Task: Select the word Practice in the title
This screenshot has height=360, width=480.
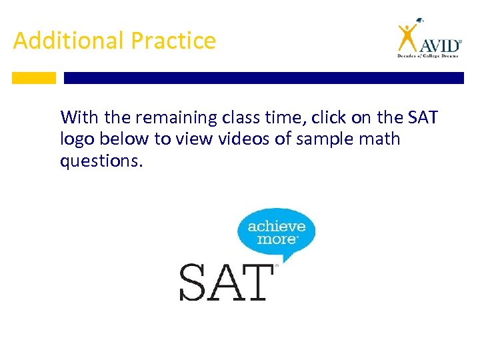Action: coord(173,41)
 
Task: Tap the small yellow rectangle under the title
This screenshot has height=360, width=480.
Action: coord(34,78)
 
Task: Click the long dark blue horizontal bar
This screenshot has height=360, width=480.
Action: coord(263,78)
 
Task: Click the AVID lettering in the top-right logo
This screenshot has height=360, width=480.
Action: coord(440,45)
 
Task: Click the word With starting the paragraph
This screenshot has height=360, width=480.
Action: coord(79,119)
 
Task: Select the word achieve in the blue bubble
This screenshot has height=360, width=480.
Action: coord(277,227)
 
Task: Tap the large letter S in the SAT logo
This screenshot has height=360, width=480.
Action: coord(194,282)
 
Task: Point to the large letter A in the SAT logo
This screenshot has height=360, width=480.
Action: coord(227,282)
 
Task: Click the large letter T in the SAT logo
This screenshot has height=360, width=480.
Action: coord(258,282)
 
